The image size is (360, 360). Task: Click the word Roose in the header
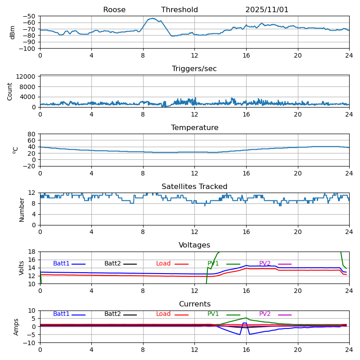(x=114, y=10)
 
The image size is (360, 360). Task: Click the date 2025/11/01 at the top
(x=267, y=10)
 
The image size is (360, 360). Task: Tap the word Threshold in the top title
(x=180, y=10)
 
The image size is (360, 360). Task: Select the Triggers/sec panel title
(x=194, y=69)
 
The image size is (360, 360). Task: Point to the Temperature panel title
(x=194, y=128)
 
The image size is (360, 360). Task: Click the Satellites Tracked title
(x=194, y=187)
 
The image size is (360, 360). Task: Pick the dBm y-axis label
(x=13, y=32)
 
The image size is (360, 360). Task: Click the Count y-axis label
(x=10, y=91)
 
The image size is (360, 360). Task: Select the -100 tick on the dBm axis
(x=28, y=49)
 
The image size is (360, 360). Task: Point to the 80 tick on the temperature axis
(x=32, y=134)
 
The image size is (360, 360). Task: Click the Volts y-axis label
(x=22, y=268)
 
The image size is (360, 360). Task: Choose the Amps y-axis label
(x=16, y=327)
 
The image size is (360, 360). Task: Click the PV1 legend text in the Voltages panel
(x=213, y=264)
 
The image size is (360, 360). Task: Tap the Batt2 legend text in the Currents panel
(x=112, y=314)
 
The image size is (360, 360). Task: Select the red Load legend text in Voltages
(x=163, y=264)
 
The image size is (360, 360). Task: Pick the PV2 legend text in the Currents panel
(x=265, y=314)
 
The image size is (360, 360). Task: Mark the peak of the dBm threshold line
(x=153, y=18)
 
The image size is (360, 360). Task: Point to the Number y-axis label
(x=22, y=209)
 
